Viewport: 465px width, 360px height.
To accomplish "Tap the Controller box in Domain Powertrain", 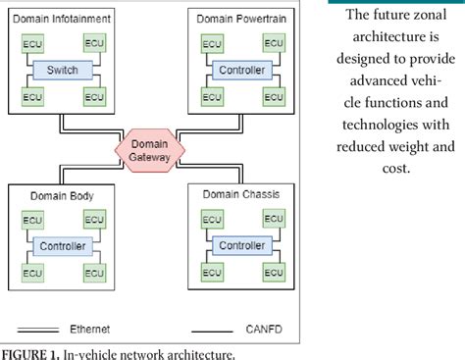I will coord(240,70).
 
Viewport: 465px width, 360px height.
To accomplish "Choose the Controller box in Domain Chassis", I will coord(240,245).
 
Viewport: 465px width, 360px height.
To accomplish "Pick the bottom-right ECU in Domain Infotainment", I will coord(94,96).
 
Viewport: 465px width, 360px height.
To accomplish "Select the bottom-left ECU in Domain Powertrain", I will coord(209,96).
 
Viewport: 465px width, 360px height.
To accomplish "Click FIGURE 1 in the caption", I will coord(28,351).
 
